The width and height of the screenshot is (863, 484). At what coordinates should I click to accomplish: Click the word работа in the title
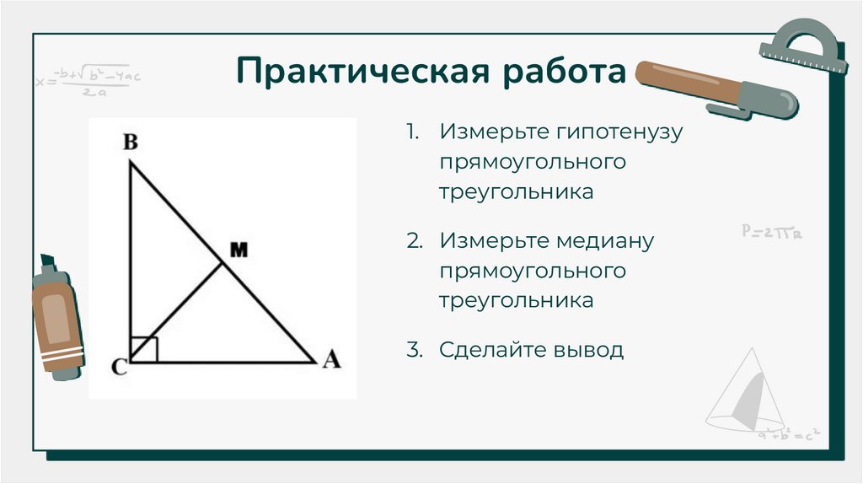pyautogui.click(x=566, y=73)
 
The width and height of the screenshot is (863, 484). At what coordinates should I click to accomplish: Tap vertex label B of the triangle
pyautogui.click(x=131, y=143)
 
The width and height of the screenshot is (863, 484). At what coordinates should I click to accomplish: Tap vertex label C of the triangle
pyautogui.click(x=118, y=367)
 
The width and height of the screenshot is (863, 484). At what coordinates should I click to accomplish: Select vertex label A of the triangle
pyautogui.click(x=331, y=361)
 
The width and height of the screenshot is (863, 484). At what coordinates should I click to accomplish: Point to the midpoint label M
pyautogui.click(x=239, y=250)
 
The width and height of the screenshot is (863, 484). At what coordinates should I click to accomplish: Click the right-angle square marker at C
pyautogui.click(x=145, y=349)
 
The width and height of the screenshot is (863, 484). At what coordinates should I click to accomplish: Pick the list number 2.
pyautogui.click(x=413, y=241)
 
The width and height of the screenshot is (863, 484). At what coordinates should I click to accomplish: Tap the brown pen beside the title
pyautogui.click(x=716, y=88)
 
